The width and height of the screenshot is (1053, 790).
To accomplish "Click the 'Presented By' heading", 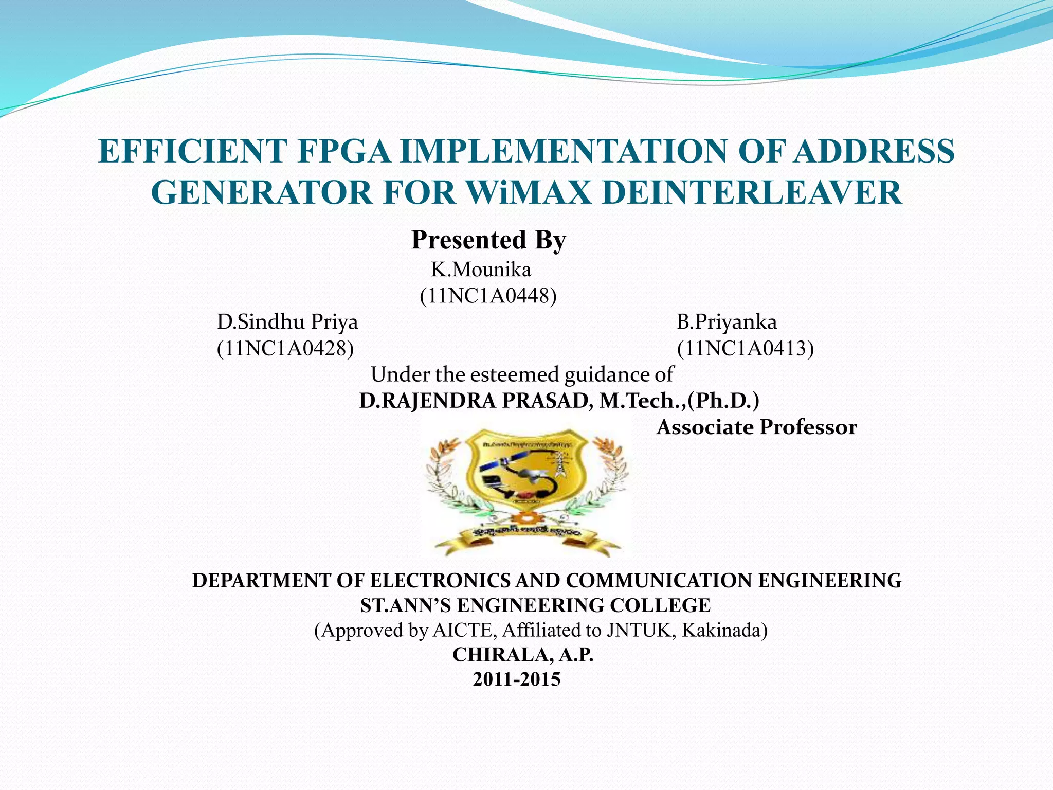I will (x=488, y=240).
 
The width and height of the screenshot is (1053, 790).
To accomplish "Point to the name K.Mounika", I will (x=481, y=270).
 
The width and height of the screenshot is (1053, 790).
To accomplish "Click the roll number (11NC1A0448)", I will (x=488, y=296).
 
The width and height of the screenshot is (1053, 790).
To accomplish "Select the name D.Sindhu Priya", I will (x=287, y=322).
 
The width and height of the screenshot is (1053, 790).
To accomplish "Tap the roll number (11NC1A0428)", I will (x=285, y=348).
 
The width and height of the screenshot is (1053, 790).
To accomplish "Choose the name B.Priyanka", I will (x=727, y=322).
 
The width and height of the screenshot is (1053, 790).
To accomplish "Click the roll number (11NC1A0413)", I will (x=745, y=348).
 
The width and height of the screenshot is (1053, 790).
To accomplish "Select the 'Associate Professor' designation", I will (x=756, y=427).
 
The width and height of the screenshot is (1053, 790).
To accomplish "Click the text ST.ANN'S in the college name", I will (x=405, y=605).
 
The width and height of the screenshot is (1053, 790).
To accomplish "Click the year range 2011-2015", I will (x=517, y=679).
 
